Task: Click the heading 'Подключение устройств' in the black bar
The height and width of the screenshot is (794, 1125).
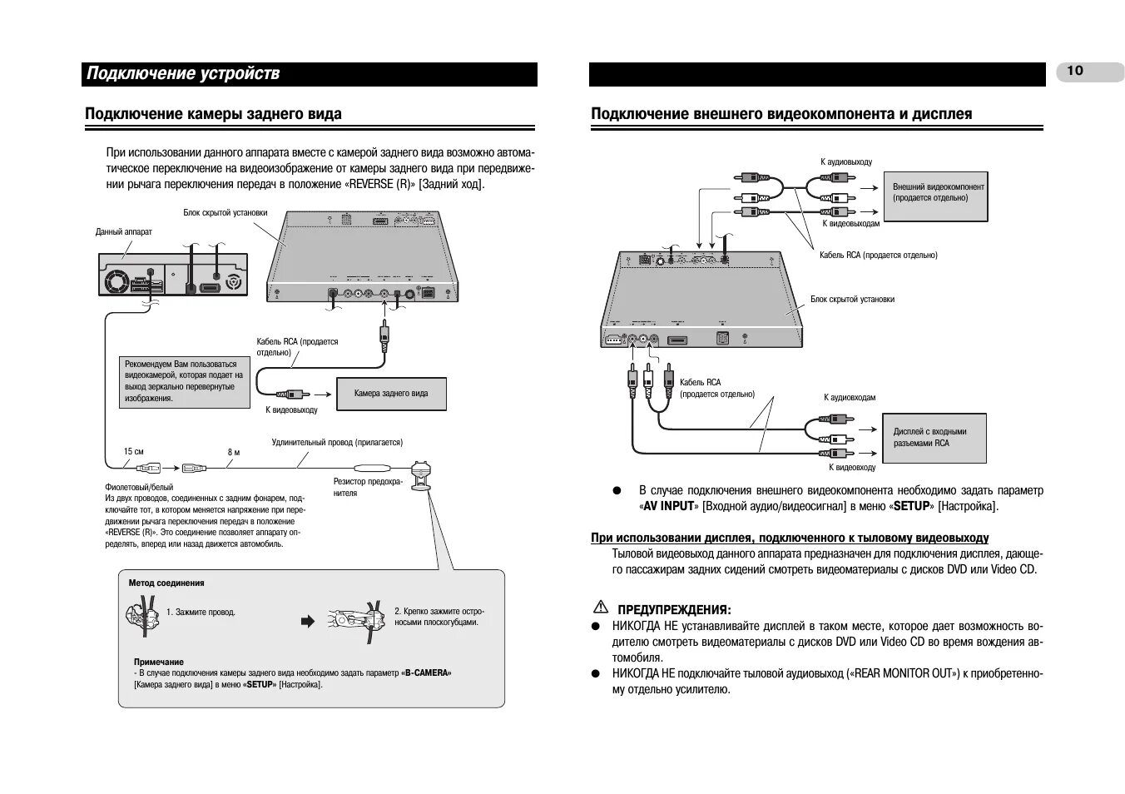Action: pos(183,74)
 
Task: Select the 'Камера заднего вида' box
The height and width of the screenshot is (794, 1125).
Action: pos(391,394)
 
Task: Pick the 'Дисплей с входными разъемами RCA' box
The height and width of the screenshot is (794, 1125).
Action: pos(934,438)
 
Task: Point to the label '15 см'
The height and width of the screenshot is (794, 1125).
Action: pos(133,452)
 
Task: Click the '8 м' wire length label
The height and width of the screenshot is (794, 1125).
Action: pos(234,452)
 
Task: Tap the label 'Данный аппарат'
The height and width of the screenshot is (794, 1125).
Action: pos(124,232)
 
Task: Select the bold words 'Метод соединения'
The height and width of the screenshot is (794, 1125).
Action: pos(166,583)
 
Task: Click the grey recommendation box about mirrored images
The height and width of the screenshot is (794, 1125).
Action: pos(184,382)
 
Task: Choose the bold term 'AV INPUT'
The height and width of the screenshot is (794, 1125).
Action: pos(668,506)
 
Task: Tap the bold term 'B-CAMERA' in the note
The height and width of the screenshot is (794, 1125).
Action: pos(428,672)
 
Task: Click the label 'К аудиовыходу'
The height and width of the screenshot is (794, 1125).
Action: pos(846,162)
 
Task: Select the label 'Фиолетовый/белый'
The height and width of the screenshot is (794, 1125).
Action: pos(133,486)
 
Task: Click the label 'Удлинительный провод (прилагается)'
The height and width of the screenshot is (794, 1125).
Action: pos(337,443)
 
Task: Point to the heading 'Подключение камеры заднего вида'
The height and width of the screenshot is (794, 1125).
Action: pos(214,114)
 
